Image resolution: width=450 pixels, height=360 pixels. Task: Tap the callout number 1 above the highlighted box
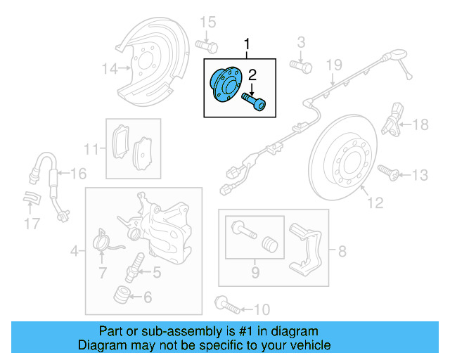click(247, 46)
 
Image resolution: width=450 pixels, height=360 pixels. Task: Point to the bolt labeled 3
click(301, 66)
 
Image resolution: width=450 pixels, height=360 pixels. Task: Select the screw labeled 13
click(387, 171)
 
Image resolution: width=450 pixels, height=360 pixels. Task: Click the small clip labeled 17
click(32, 199)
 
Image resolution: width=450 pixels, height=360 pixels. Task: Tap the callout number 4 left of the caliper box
click(73, 250)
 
